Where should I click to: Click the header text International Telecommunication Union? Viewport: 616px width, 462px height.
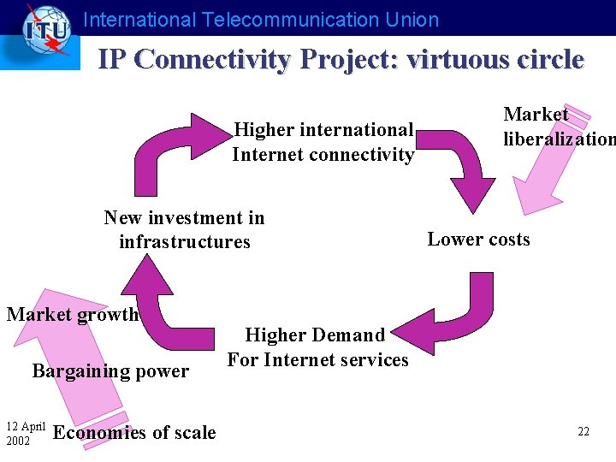click(261, 20)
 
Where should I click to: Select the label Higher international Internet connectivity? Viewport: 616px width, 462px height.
click(323, 142)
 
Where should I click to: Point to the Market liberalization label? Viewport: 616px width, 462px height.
click(556, 127)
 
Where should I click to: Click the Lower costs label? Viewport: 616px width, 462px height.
click(478, 240)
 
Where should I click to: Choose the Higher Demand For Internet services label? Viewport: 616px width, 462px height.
click(317, 347)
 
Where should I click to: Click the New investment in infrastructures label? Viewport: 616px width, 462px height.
click(184, 229)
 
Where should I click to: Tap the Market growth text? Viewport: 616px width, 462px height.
click(73, 314)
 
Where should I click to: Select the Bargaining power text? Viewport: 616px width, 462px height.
click(110, 371)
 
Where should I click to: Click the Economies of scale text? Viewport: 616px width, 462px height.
click(134, 433)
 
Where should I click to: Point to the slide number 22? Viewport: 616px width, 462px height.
click(583, 432)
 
